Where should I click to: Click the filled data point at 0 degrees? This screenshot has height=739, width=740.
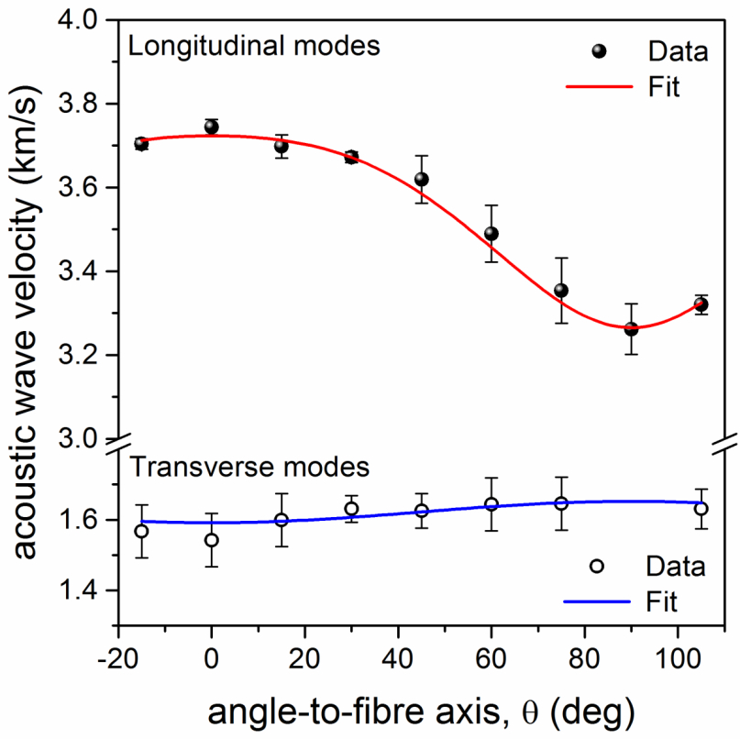point(212,127)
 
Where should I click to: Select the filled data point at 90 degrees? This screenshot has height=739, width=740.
point(631,328)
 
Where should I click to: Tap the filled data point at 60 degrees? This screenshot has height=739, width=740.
point(491,234)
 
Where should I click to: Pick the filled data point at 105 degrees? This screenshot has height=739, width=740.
point(701,305)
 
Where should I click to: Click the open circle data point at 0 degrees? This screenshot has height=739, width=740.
point(212,540)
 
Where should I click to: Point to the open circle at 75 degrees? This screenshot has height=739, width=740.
point(561,503)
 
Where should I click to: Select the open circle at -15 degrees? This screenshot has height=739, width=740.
point(141,532)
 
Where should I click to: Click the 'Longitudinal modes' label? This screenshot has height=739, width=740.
point(254,46)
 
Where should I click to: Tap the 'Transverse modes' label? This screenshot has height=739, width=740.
point(249,466)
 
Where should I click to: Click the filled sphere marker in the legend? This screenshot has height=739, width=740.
point(599,52)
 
